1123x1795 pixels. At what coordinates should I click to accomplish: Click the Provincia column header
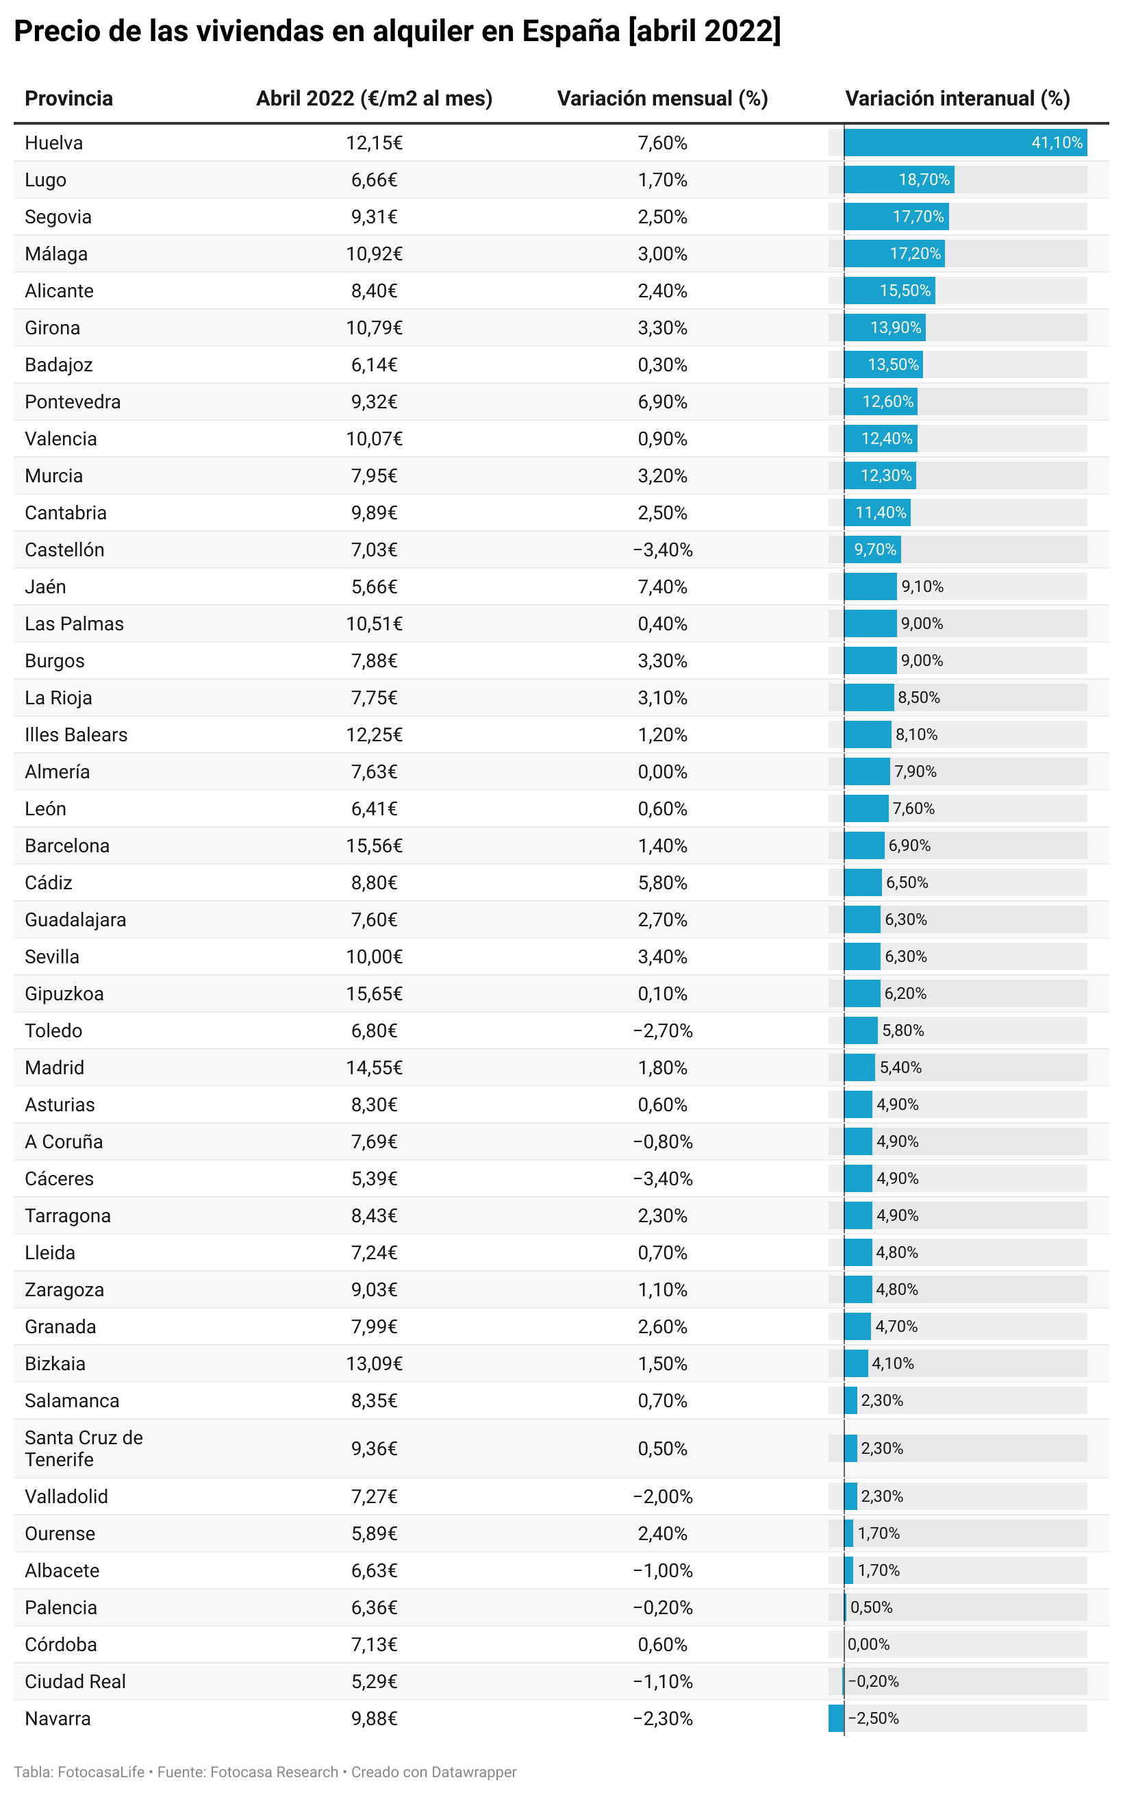(68, 98)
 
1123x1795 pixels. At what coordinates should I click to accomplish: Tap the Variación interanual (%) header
(957, 98)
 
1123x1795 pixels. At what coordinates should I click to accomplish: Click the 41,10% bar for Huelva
(965, 142)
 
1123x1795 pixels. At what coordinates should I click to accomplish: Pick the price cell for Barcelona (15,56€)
(374, 845)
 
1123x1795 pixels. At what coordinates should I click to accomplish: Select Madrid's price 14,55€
(374, 1067)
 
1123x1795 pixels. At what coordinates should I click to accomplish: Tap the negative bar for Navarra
(835, 1718)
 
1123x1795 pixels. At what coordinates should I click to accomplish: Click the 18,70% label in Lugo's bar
(923, 179)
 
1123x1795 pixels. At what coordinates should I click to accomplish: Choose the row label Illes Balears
(76, 735)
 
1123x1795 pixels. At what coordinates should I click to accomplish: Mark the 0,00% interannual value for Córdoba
(868, 1644)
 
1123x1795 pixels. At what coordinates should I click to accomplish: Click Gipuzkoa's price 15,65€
(374, 993)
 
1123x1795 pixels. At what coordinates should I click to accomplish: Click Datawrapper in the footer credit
(474, 1772)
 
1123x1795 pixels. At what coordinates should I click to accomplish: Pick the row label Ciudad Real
(75, 1681)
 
